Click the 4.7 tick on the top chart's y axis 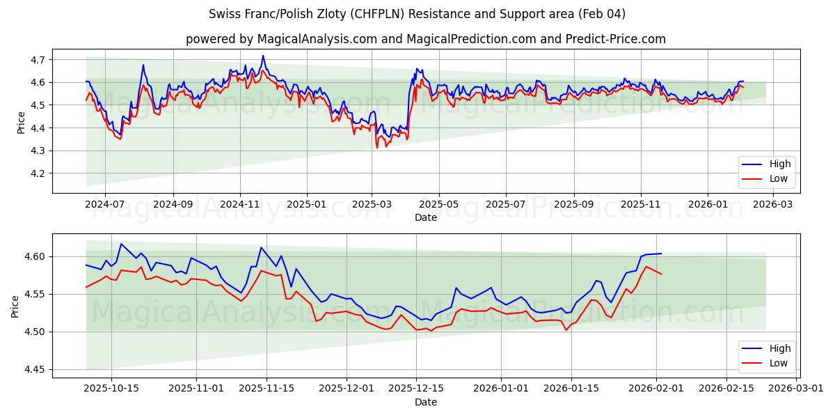(38, 60)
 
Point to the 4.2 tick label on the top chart (38, 173)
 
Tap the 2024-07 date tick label (105, 205)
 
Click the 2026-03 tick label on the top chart (774, 205)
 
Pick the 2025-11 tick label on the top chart (640, 205)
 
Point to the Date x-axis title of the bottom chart (425, 402)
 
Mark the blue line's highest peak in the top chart (263, 56)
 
